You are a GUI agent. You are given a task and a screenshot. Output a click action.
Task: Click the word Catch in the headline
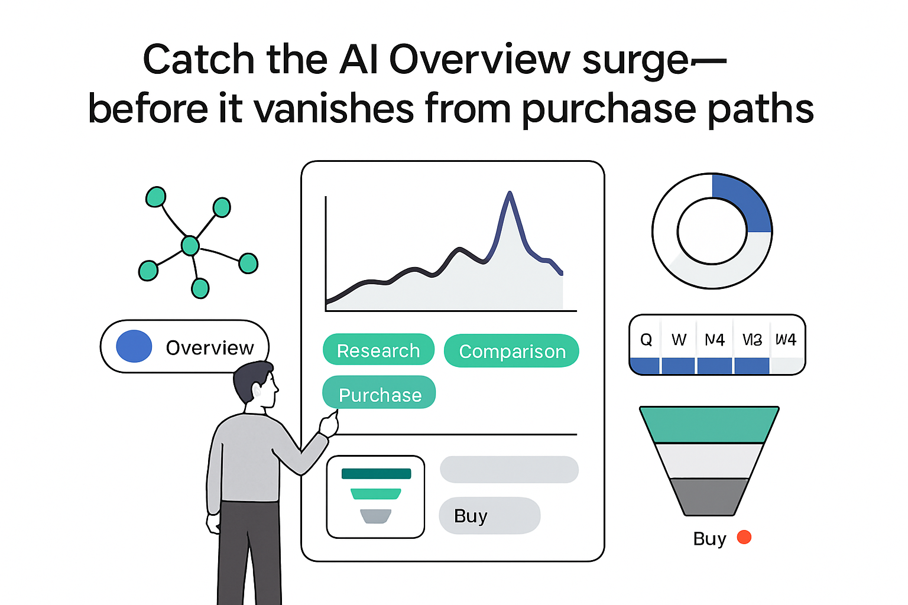click(198, 60)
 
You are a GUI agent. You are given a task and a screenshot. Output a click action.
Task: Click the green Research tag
click(378, 350)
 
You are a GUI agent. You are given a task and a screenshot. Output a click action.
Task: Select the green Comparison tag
click(511, 351)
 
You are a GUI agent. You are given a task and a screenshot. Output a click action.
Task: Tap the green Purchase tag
click(379, 393)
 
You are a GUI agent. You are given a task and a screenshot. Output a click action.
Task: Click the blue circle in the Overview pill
click(134, 346)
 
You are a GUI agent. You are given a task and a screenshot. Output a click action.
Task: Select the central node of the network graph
click(190, 245)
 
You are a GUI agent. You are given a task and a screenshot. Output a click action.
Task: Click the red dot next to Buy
click(744, 537)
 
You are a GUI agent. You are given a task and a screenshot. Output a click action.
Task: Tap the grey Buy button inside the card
click(489, 516)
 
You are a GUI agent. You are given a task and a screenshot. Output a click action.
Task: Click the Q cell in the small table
click(646, 340)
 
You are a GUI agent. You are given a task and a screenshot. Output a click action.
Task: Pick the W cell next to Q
click(679, 340)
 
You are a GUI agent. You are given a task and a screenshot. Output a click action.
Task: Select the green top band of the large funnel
click(709, 425)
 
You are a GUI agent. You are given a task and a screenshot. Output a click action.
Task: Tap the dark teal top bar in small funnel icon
click(376, 473)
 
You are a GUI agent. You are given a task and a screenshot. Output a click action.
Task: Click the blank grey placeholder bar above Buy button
click(509, 470)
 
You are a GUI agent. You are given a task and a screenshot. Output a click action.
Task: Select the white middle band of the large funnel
click(709, 461)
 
